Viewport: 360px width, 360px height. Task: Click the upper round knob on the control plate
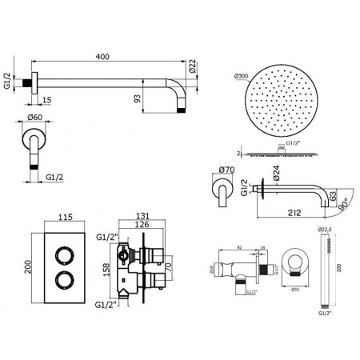(61, 257)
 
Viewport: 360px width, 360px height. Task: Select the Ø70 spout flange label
(225, 169)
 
